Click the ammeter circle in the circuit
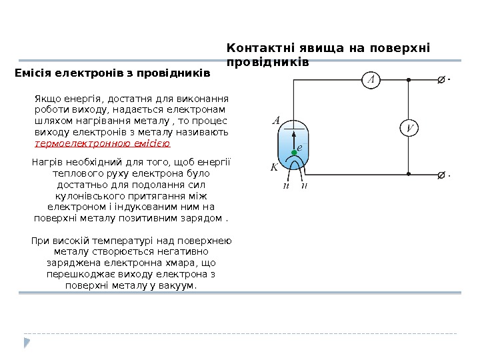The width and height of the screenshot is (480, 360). point(371,81)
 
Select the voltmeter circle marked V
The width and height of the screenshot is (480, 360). point(408,128)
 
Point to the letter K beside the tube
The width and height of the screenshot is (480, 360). point(274,167)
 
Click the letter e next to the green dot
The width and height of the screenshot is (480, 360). point(300,147)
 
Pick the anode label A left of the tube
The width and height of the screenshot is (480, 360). point(276,121)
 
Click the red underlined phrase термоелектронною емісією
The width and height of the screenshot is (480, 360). point(102,143)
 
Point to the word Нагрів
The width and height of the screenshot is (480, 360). point(47,161)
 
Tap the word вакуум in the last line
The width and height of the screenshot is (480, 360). point(179,285)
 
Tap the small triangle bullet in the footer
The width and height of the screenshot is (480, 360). point(27,343)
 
